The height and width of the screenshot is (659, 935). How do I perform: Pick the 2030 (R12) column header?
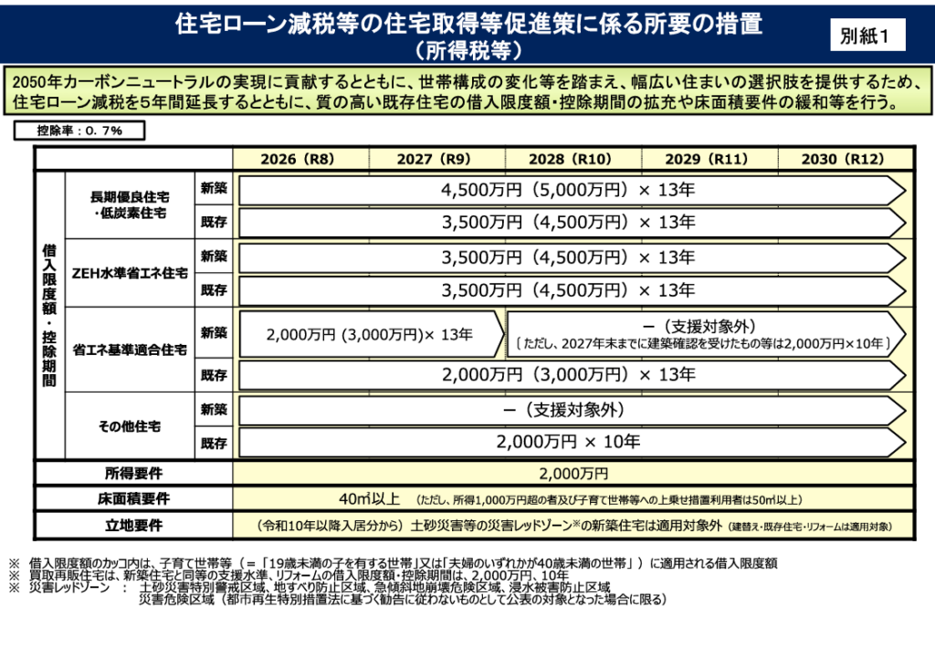(x=843, y=158)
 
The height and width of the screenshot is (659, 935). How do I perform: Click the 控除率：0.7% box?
(x=79, y=131)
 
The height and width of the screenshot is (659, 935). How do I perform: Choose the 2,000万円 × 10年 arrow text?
(x=568, y=442)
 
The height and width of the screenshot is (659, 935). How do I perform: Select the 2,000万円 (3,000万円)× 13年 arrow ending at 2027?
(x=370, y=334)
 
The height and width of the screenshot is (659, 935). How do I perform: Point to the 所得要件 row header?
(x=133, y=474)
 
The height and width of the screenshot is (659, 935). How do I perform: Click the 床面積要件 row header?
(x=133, y=499)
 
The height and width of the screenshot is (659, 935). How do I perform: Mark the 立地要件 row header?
(x=133, y=526)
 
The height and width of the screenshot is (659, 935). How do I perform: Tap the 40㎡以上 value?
(x=369, y=499)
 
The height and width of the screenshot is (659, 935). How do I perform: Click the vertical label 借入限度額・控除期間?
(x=48, y=315)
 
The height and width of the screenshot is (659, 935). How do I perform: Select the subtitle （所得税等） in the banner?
(x=467, y=47)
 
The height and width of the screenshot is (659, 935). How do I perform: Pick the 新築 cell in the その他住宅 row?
(x=214, y=411)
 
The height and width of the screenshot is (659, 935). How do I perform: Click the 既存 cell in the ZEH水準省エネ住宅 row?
(x=214, y=290)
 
